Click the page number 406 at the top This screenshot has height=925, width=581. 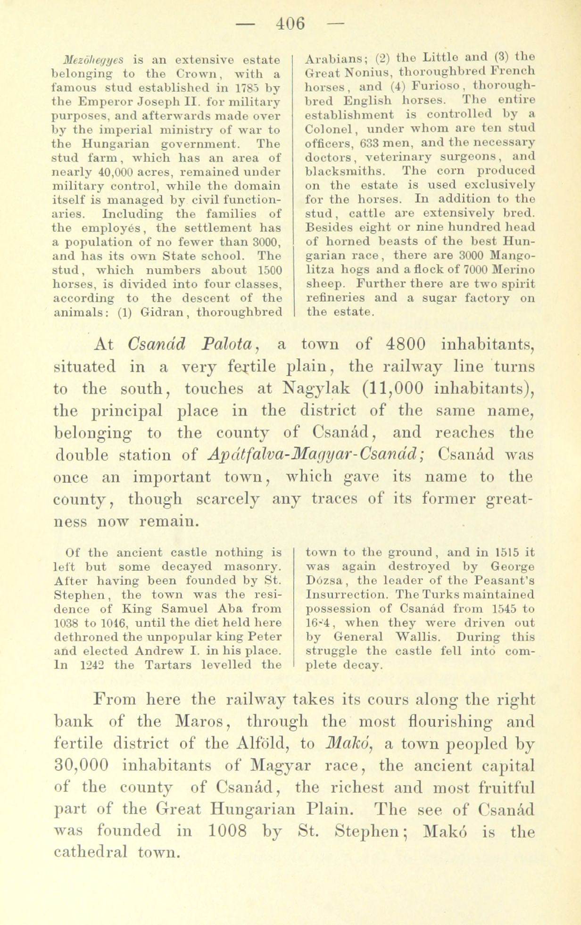pyautogui.click(x=290, y=23)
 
